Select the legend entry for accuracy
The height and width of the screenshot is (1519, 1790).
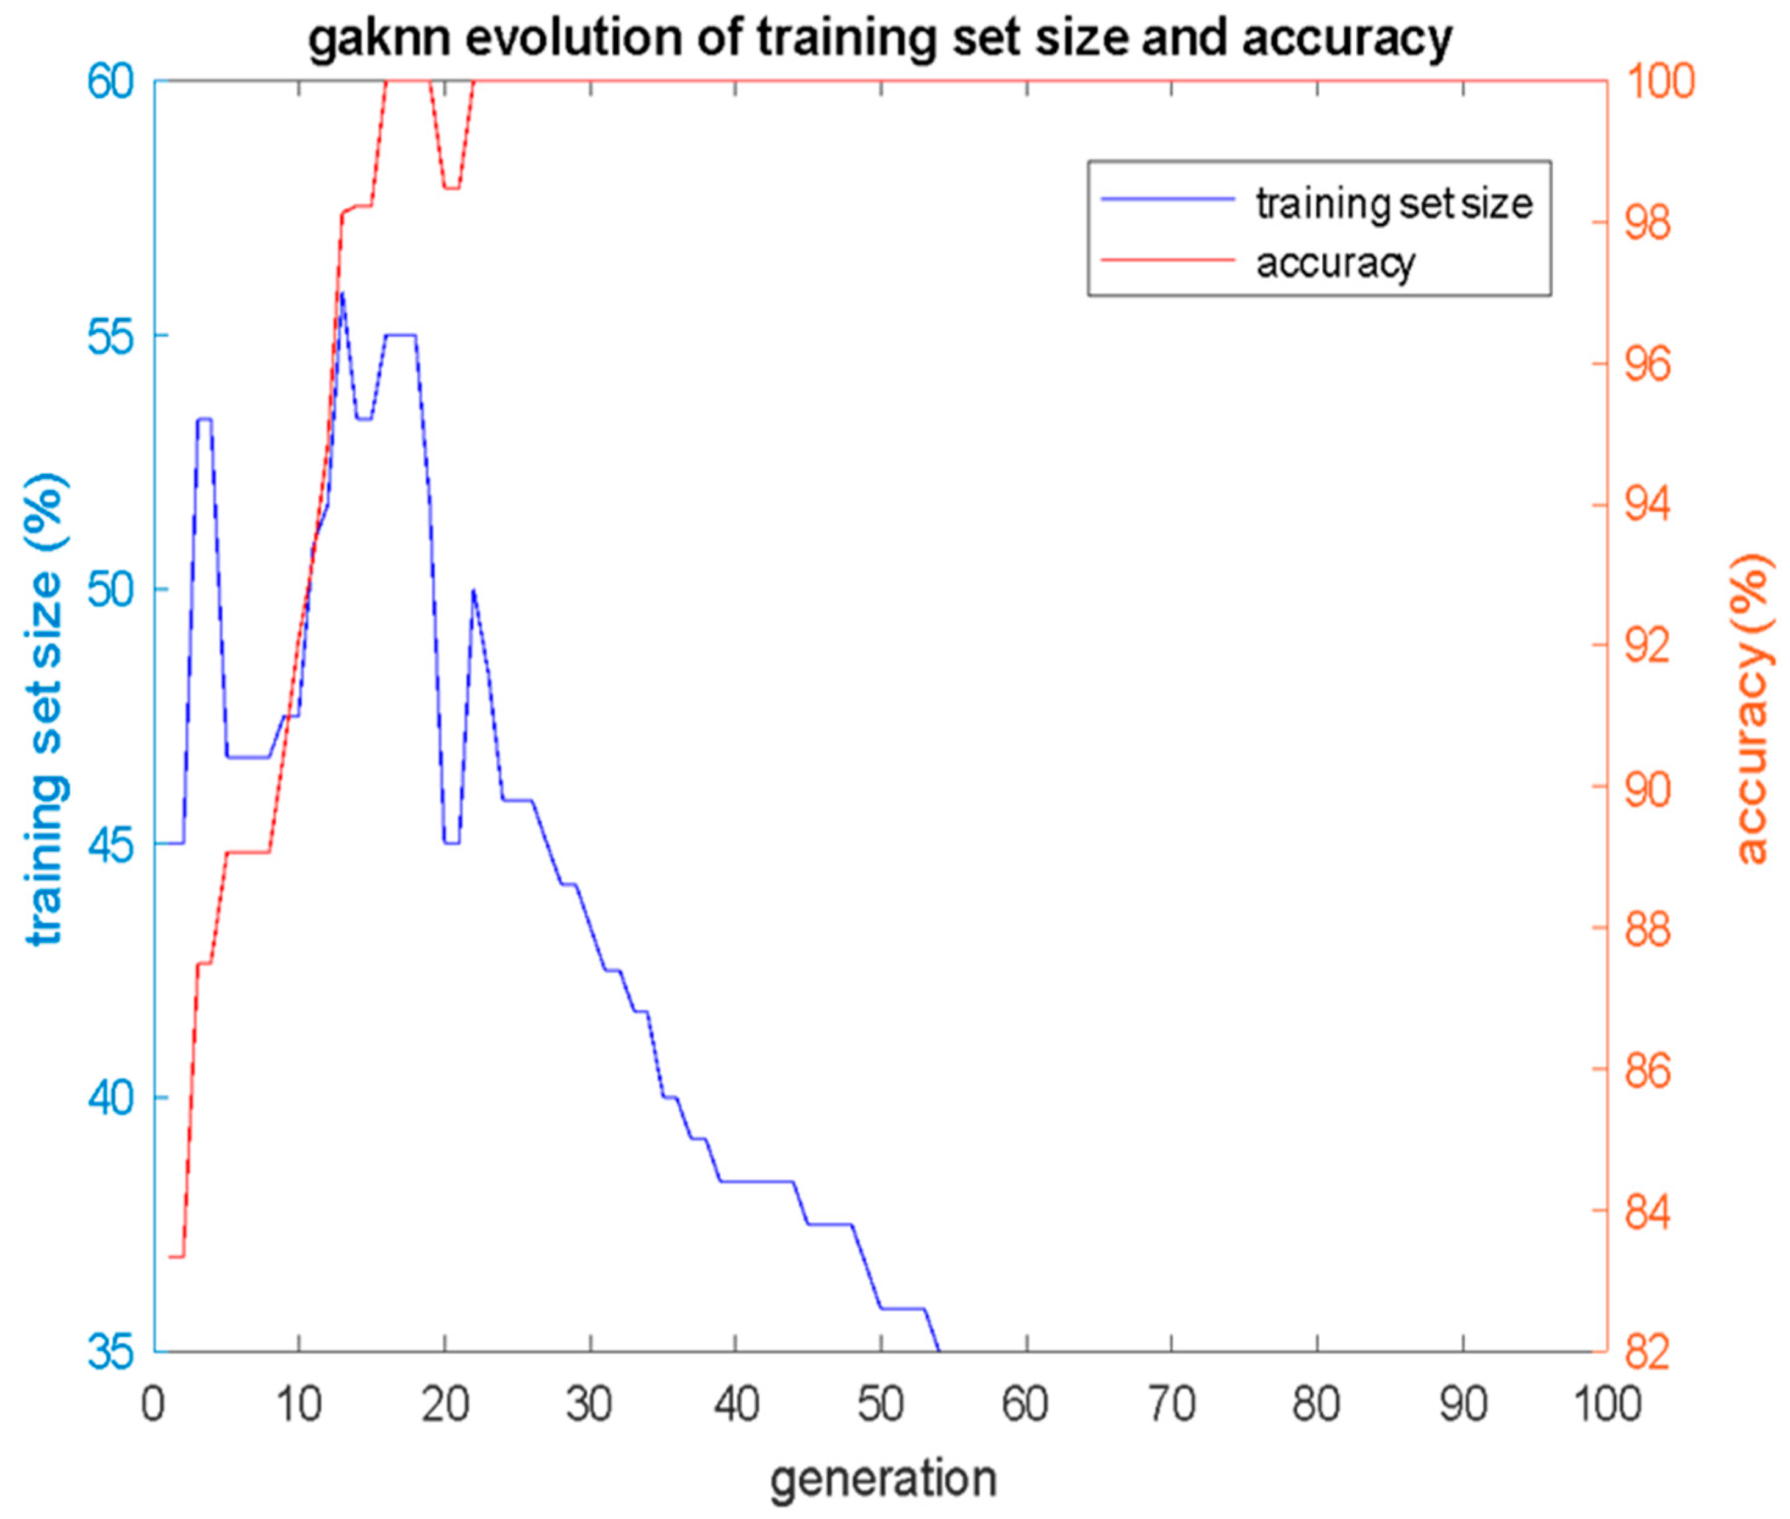point(1334,263)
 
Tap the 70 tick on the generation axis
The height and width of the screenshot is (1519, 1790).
point(1172,1406)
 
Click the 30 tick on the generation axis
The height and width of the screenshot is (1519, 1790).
point(590,1406)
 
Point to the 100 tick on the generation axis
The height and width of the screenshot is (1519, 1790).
point(1606,1406)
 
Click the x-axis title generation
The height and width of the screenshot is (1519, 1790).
point(882,1479)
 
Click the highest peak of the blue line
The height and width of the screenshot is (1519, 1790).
point(342,294)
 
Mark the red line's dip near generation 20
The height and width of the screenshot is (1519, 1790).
point(452,188)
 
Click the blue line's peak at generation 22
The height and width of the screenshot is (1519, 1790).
point(473,591)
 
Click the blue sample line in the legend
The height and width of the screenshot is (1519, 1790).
point(1167,199)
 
